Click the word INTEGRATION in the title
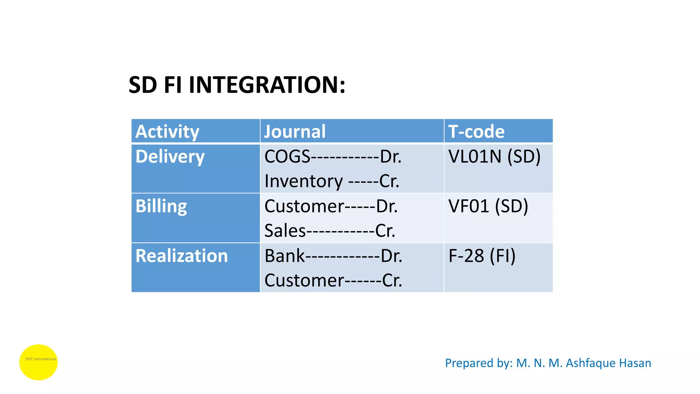[x=267, y=85]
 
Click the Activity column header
[x=167, y=132]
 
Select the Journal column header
[x=295, y=132]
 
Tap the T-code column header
[x=476, y=132]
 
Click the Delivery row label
[x=170, y=157]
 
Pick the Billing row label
[x=161, y=206]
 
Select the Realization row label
[x=181, y=256]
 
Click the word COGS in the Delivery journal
[x=287, y=157]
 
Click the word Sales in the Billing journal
[x=285, y=231]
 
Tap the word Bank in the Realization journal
[x=284, y=256]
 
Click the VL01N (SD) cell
[x=494, y=157]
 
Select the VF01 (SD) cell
[x=488, y=206]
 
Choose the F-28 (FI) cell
[x=482, y=256]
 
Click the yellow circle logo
[x=38, y=362]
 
